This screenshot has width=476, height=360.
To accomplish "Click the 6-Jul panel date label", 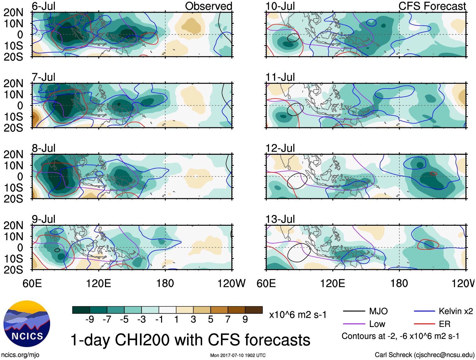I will point(44,6).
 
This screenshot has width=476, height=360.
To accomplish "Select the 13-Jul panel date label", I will point(280,219).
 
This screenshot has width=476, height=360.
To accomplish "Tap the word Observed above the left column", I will point(208,6).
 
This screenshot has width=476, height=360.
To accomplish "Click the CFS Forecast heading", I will point(432,6).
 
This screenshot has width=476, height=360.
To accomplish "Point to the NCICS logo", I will point(27,324).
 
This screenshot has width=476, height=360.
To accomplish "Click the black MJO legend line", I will point(354,311).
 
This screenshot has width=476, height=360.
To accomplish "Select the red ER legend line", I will point(424,324).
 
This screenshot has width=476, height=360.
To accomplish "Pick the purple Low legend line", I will point(354,324).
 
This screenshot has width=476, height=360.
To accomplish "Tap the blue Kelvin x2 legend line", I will point(424,311).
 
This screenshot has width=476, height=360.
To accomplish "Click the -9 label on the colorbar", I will point(90,320).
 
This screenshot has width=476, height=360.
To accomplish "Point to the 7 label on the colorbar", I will point(228,320).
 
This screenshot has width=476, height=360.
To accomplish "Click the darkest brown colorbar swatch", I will point(254,310).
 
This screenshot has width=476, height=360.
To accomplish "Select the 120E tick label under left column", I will point(99,283).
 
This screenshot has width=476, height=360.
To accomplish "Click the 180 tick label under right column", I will point(399,283).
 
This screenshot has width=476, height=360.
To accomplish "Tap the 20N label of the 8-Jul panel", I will point(13,154).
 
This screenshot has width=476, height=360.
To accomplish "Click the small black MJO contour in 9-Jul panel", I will point(57,250).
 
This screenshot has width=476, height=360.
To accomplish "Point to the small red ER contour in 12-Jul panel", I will point(434,173).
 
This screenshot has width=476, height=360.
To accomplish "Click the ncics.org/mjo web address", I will point(20,355).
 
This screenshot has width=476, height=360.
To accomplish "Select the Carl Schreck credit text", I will point(424,355).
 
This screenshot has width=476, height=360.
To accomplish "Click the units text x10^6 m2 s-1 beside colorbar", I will point(298,315).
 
